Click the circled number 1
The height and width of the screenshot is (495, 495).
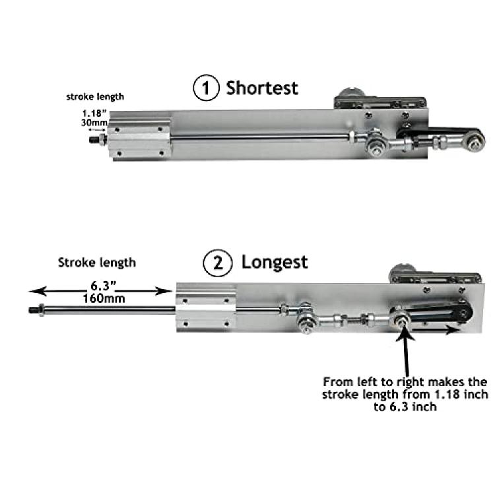pos(206,88)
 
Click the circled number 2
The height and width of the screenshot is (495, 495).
pos(218,263)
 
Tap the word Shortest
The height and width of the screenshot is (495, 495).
pos(262,88)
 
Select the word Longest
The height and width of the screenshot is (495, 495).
pos(275,263)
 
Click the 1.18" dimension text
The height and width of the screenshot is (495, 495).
pos(94,114)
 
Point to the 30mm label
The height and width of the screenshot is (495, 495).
pos(94,122)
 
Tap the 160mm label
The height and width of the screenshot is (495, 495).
pos(104,298)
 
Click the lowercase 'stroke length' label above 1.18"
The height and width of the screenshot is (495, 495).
pos(95,96)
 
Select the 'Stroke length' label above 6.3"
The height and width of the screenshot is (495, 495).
pos(97,263)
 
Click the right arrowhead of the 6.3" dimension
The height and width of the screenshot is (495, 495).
pos(164,291)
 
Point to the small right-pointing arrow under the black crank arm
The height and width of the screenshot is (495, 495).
pos(436,330)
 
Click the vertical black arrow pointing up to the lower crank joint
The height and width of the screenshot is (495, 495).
pos(406,351)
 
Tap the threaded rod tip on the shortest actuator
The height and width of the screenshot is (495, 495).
pos(94,139)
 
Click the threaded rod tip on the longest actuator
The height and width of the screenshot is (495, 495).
pos(34,310)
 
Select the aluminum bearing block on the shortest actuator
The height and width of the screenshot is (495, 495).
pos(139,139)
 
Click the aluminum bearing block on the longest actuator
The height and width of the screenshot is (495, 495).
pos(207,308)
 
